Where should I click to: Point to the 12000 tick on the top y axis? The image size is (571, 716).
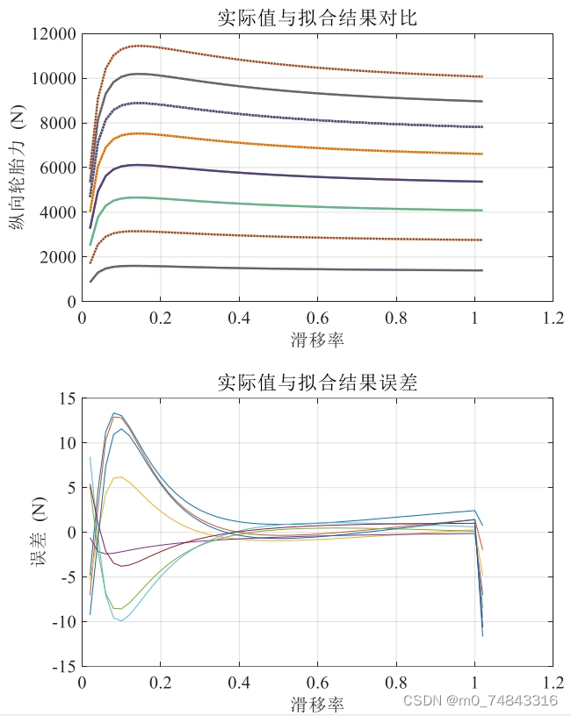point(53,34)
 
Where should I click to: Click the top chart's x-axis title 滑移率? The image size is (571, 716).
point(317,339)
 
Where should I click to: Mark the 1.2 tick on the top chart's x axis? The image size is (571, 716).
point(553,318)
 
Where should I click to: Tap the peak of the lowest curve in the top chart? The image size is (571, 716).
point(132,265)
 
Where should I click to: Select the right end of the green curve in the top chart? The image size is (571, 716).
point(482,211)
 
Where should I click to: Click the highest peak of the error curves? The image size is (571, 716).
point(113,412)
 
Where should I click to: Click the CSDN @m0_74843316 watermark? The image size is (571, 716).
point(479,700)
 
